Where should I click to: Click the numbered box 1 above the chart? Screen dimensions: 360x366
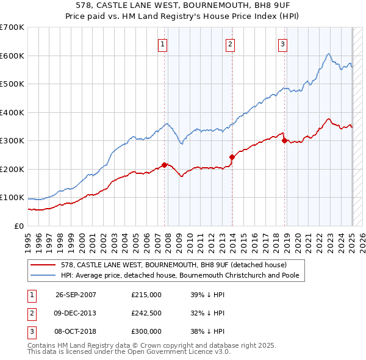coord(163,43)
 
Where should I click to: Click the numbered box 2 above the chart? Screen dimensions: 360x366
coord(230,43)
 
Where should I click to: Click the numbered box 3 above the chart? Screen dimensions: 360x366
coord(283,43)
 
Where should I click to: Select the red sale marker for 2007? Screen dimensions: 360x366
coord(164,165)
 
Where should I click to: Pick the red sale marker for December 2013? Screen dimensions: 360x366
coord(232,157)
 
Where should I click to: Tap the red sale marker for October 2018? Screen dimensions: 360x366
coord(284,141)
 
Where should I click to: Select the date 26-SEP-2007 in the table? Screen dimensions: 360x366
coord(76,294)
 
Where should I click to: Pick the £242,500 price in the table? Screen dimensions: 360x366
coord(146,313)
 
